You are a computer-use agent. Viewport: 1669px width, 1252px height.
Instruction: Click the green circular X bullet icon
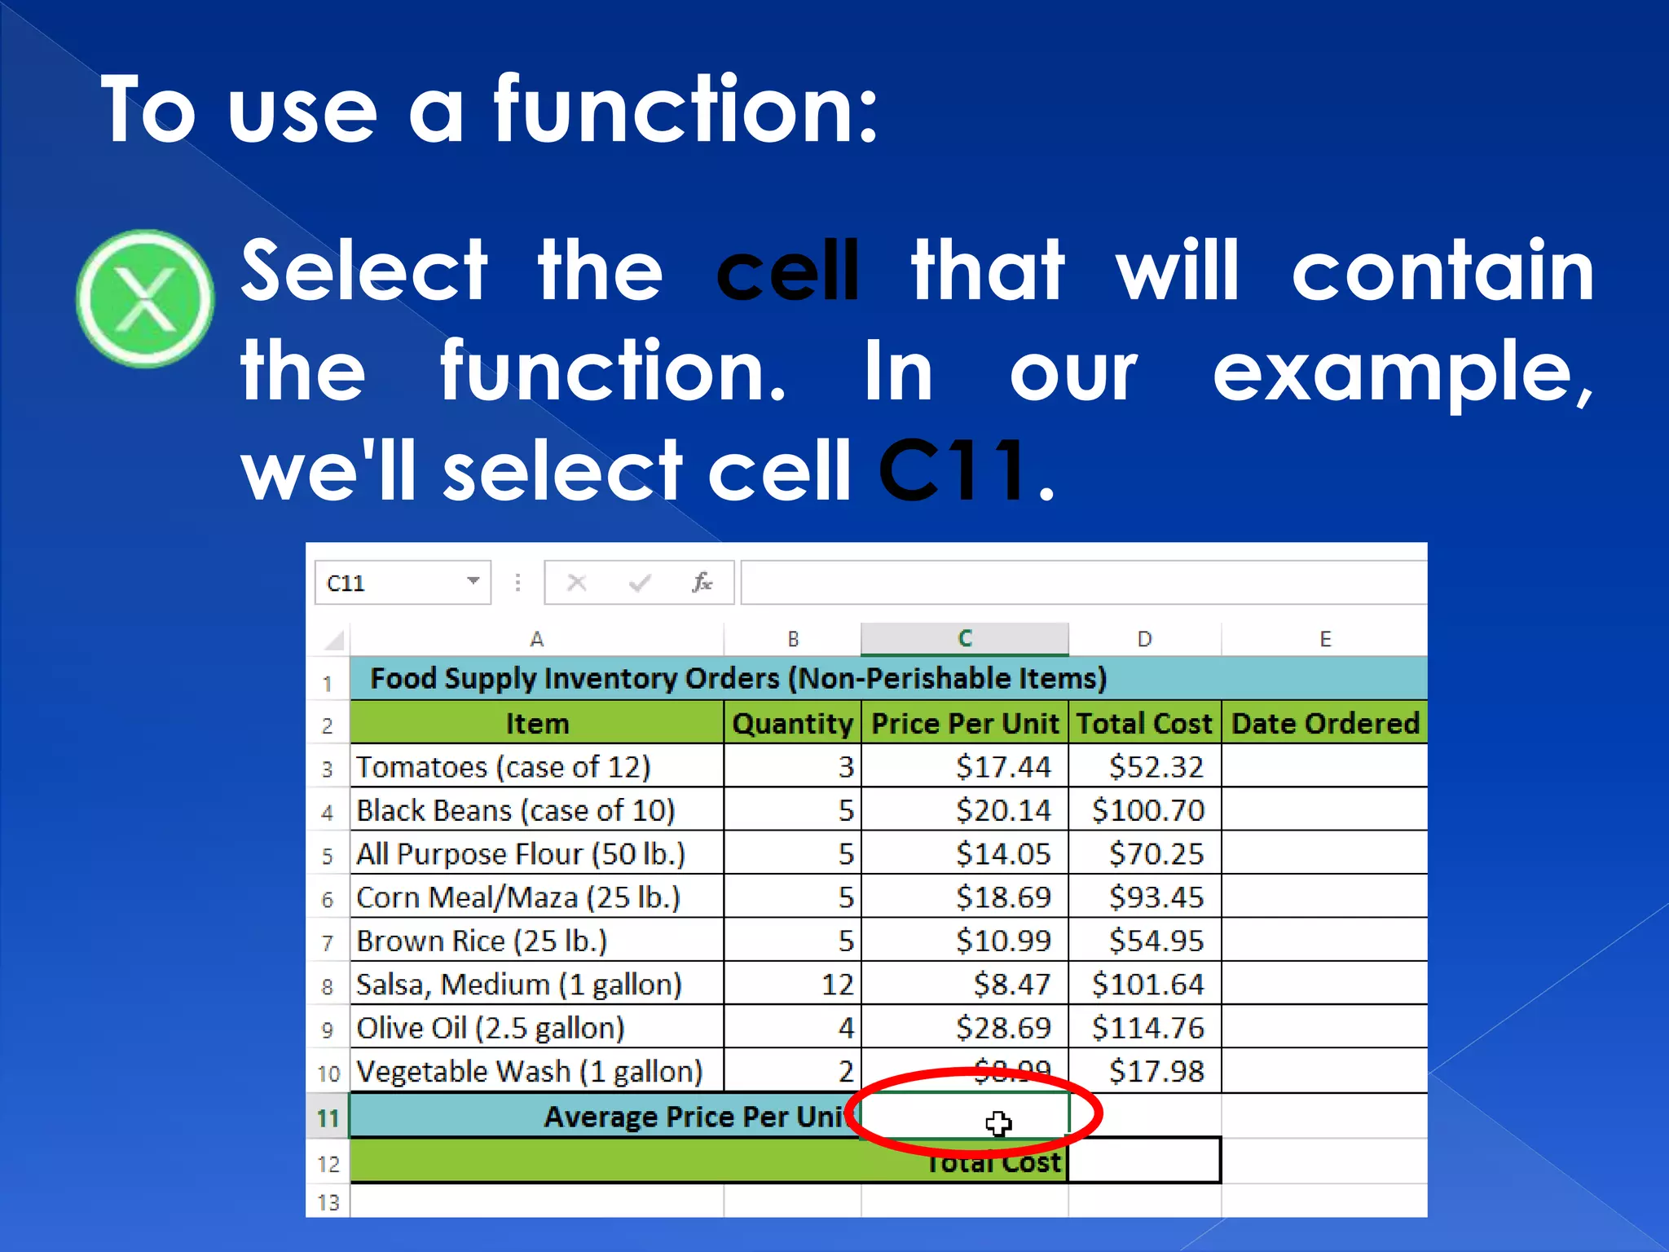(146, 298)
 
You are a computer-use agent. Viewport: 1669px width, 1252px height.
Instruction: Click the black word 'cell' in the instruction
(787, 271)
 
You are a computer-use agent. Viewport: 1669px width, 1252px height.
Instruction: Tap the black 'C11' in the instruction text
(953, 470)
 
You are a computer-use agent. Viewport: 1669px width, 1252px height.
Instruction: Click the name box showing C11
(391, 583)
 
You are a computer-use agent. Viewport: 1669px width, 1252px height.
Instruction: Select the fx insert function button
(702, 583)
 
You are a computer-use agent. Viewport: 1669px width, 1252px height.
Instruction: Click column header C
(964, 639)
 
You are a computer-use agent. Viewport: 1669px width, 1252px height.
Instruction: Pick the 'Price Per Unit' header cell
(964, 723)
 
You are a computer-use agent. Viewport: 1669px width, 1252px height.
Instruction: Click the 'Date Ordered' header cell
(1324, 723)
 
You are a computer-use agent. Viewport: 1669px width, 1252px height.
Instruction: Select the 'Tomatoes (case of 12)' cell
(504, 767)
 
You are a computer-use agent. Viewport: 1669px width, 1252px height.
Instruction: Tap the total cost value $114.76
(1147, 1028)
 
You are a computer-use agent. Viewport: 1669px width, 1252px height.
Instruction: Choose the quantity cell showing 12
(837, 985)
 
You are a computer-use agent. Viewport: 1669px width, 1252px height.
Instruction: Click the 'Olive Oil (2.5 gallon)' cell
(491, 1028)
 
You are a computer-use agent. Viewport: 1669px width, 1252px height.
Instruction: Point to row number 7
(328, 943)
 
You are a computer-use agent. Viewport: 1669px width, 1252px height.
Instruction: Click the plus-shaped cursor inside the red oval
(998, 1124)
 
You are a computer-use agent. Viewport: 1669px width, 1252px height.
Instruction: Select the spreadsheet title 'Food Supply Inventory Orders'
(738, 678)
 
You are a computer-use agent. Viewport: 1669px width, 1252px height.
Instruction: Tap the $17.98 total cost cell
(1156, 1071)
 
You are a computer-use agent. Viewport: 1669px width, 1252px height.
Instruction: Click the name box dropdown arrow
(473, 581)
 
